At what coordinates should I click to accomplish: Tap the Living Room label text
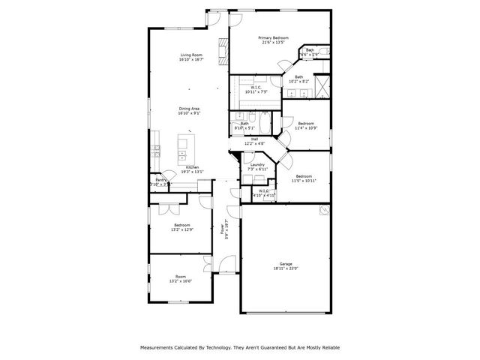click(190, 57)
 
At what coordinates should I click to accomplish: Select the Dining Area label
click(188, 111)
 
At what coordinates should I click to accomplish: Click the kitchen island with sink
click(182, 148)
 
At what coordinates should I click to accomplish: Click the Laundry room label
click(257, 166)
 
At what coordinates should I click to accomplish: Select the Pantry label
click(160, 181)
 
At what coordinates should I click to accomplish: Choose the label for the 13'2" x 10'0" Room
click(181, 279)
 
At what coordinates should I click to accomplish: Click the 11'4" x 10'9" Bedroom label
click(305, 125)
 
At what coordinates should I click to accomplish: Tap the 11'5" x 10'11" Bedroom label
click(305, 178)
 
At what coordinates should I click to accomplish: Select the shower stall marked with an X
click(322, 85)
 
